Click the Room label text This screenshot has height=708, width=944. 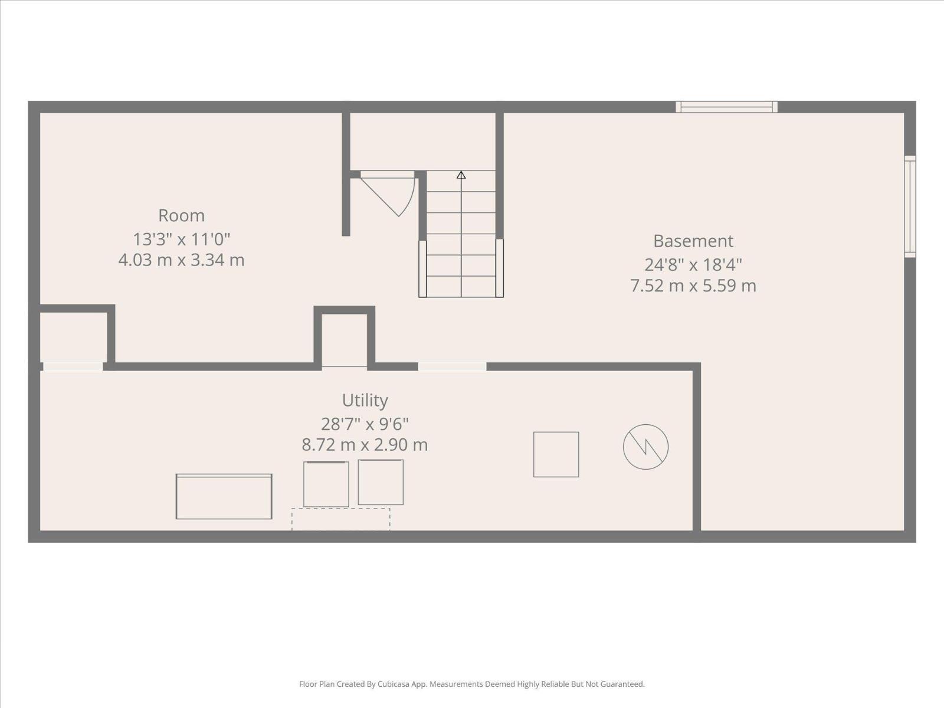tap(182, 215)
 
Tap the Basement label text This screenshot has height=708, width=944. tap(693, 241)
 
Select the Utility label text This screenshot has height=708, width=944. tap(365, 400)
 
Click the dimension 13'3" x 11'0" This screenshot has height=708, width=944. tap(182, 239)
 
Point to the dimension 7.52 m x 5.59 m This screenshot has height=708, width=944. tap(693, 286)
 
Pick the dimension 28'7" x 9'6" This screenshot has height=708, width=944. tap(365, 424)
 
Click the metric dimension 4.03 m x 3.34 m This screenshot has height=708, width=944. tap(182, 260)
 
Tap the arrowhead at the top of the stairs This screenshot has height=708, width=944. tap(461, 175)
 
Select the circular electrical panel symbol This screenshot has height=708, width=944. tap(645, 447)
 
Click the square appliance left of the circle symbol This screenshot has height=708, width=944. tap(556, 454)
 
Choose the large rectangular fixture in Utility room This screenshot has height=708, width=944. tap(224, 497)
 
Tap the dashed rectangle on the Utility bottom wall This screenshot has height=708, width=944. tap(341, 519)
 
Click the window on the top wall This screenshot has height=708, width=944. tap(727, 107)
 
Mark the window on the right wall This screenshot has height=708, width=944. tap(910, 206)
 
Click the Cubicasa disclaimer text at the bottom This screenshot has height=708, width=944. tap(472, 684)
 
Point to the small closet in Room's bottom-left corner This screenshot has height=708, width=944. tap(74, 337)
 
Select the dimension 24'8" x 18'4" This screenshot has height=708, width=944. tap(693, 265)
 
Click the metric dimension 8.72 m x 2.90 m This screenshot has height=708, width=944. tap(365, 445)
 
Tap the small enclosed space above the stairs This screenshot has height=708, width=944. tap(423, 142)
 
